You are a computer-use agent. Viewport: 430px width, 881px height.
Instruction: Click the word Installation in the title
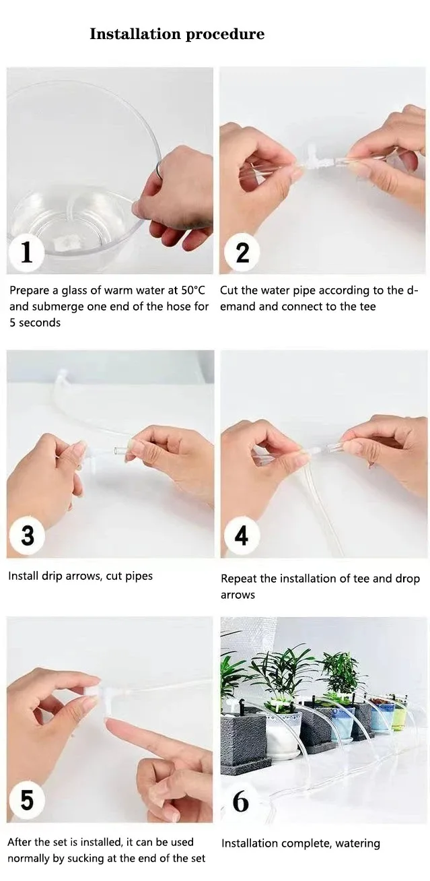point(135,34)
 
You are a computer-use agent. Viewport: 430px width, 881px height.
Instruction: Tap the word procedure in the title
point(225,34)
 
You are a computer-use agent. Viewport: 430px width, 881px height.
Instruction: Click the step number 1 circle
point(26,252)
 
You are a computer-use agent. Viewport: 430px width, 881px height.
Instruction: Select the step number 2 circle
point(242,253)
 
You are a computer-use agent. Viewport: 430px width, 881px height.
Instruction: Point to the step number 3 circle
point(27,535)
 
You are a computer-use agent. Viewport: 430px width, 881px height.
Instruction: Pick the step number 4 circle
point(242,535)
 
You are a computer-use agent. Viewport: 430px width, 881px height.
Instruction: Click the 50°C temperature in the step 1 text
point(193,290)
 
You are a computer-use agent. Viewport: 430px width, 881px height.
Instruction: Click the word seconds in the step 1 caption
point(40,323)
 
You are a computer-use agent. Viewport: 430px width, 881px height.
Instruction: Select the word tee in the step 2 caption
point(367,306)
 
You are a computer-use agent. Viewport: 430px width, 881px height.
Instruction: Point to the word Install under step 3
point(23,576)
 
